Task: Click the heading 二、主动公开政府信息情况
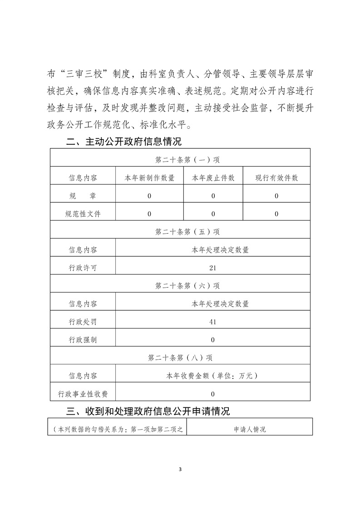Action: point(123,142)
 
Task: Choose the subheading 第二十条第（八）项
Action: point(180,357)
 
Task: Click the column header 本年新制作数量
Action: point(150,178)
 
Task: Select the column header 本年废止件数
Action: point(213,178)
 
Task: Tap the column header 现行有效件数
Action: point(276,178)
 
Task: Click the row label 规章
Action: point(83,196)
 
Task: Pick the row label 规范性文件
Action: point(83,214)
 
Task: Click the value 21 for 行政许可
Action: point(213,268)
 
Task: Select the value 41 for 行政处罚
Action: point(213,322)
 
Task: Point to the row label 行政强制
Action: point(83,340)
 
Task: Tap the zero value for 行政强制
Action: point(213,340)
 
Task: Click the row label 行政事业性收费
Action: point(83,394)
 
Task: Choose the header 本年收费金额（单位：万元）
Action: point(212,376)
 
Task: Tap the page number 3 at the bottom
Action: point(180,469)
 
